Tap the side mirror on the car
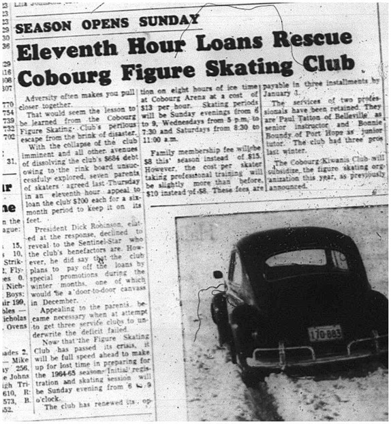218,274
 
